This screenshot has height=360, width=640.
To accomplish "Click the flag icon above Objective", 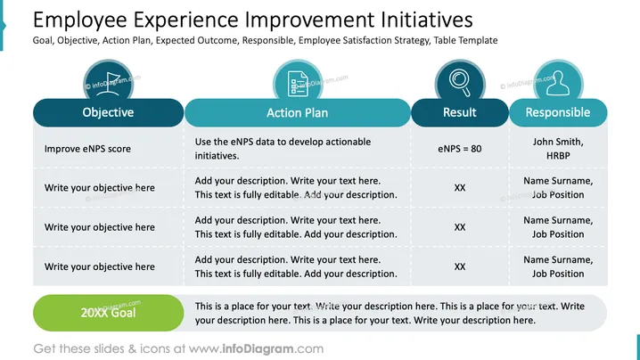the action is pyautogui.click(x=108, y=84).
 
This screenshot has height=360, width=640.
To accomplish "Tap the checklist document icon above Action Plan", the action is pyautogui.click(x=298, y=84).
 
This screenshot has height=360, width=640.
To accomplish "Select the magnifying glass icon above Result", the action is pyautogui.click(x=460, y=83).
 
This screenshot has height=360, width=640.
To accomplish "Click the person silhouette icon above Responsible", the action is pyautogui.click(x=558, y=83).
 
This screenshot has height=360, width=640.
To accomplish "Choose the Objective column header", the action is pyautogui.click(x=108, y=112).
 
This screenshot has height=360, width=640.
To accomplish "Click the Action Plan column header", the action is pyautogui.click(x=297, y=112).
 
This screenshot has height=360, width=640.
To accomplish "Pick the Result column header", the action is pyautogui.click(x=460, y=112).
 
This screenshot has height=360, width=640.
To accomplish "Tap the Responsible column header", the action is pyautogui.click(x=558, y=112).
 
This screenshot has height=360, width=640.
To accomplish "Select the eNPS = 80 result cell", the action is pyautogui.click(x=460, y=149).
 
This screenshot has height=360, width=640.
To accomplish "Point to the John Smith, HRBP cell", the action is pyautogui.click(x=558, y=149).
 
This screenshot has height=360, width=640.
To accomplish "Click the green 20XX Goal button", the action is pyautogui.click(x=108, y=313).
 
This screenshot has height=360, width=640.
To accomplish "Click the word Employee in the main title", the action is pyautogui.click(x=80, y=20).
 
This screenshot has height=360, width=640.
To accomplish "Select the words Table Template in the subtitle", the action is pyautogui.click(x=465, y=40).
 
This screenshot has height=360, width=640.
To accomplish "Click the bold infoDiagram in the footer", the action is pyautogui.click(x=258, y=348).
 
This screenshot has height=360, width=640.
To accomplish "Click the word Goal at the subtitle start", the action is pyautogui.click(x=44, y=40).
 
